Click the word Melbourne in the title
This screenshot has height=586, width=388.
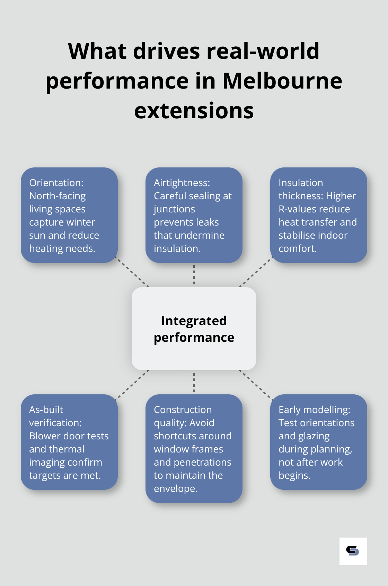pos(282,81)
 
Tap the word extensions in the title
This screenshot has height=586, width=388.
pos(194,111)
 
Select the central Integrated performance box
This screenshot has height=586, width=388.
pos(194,329)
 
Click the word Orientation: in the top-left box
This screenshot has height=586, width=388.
pos(56,183)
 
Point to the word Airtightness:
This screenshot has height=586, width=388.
pos(182,183)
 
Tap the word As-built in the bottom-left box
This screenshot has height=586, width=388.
pos(46,410)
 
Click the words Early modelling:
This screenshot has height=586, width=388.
pos(314,410)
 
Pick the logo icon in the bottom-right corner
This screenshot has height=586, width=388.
pos(353,551)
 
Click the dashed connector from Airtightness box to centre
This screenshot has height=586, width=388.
pos(194,275)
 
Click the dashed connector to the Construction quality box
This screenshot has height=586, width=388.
pos(194,383)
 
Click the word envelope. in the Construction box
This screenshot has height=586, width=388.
pos(176,488)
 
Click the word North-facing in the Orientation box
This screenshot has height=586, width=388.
pos(58,196)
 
